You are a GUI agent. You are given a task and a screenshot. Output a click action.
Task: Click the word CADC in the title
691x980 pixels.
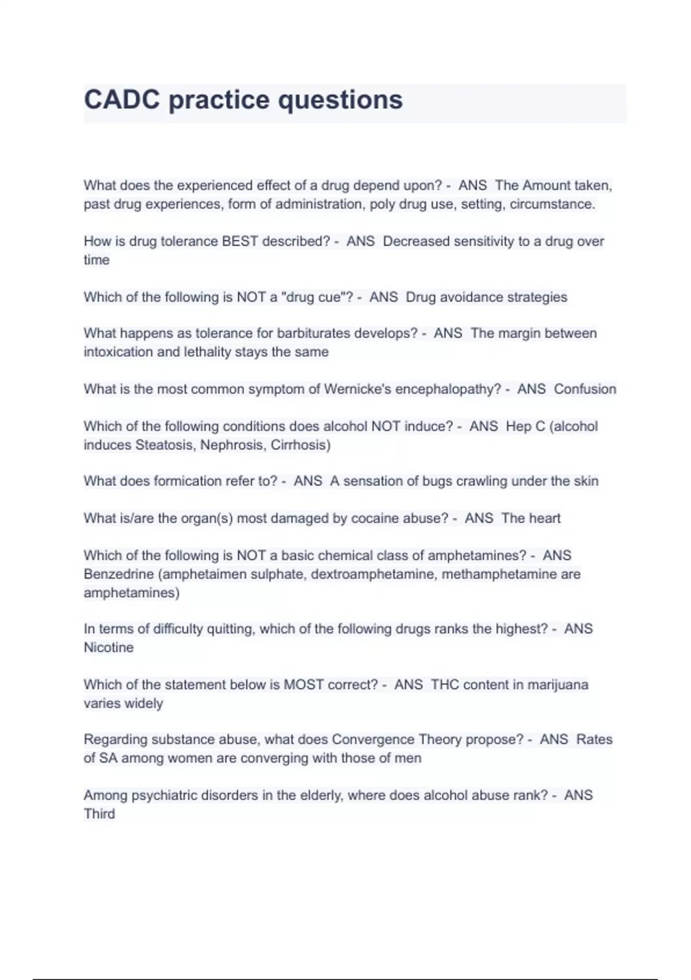pos(122,100)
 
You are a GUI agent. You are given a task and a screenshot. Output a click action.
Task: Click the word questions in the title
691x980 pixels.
pos(340,100)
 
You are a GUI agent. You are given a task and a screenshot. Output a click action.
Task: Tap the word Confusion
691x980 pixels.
pos(585,389)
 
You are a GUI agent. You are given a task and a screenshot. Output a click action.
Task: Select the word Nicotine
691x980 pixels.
pos(108,647)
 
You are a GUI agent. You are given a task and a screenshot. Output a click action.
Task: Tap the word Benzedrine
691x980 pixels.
pos(119,574)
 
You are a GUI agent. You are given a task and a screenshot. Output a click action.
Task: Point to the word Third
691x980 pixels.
pos(99,814)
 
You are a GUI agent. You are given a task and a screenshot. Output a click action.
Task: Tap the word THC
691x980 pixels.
pos(445,685)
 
